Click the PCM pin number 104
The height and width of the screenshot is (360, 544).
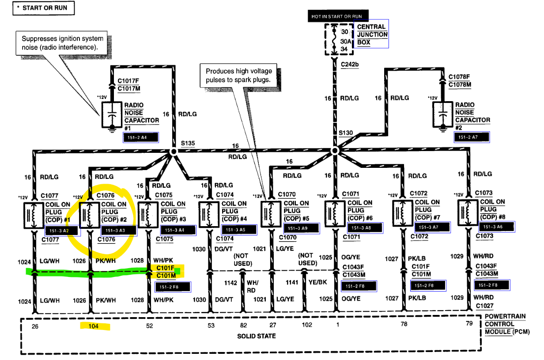point(93,326)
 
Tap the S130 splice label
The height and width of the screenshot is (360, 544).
point(346,133)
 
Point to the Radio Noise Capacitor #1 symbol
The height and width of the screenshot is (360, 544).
point(112,115)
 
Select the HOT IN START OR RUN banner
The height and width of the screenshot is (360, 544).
point(336,16)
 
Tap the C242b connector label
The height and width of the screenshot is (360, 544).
point(350,65)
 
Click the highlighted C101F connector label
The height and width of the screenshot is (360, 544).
point(165,268)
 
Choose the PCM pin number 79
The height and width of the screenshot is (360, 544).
point(469,325)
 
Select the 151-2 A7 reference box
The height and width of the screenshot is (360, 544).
point(472,137)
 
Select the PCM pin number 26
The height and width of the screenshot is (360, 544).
point(35,326)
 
